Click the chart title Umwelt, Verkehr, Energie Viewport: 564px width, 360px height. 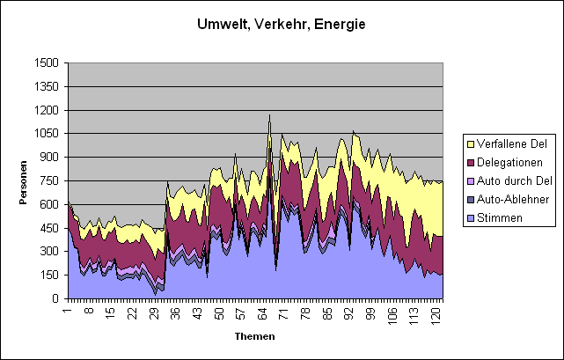click(281, 25)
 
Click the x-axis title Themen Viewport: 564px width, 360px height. click(254, 336)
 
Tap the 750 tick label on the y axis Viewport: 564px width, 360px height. click(50, 181)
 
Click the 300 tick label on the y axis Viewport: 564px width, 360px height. click(50, 252)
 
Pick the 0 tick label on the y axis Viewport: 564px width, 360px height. click(56, 298)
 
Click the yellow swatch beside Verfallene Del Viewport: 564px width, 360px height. click(472, 143)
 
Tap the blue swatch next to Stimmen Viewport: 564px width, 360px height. click(472, 217)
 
